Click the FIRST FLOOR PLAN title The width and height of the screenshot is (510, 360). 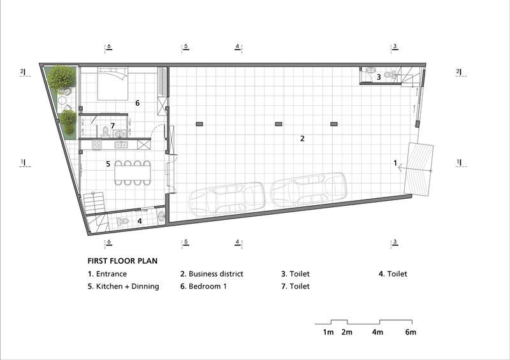[x=122, y=261]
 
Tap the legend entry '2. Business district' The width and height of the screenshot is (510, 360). [x=212, y=274]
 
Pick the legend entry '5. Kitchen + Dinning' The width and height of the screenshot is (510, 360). [x=123, y=286]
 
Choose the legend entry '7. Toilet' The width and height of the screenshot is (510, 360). [x=295, y=286]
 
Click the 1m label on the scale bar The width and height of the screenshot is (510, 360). [x=328, y=332]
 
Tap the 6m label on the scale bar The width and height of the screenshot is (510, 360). [x=411, y=332]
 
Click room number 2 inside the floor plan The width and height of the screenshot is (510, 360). [x=302, y=138]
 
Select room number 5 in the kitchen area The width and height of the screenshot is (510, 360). [x=108, y=163]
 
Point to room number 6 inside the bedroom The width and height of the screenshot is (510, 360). [x=137, y=103]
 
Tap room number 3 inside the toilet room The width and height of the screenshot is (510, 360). [x=379, y=77]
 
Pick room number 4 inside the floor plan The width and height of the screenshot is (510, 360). [x=140, y=221]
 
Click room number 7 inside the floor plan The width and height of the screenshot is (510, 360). [x=112, y=126]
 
